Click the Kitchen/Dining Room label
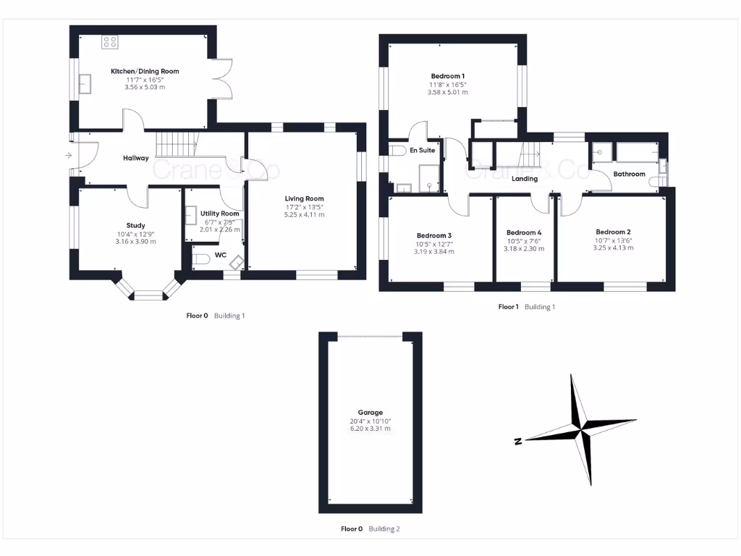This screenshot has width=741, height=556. pyautogui.click(x=145, y=71)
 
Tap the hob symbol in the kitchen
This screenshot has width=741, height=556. pyautogui.click(x=110, y=42)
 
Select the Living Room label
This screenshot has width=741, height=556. pyautogui.click(x=304, y=198)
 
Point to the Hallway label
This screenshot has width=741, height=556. pyautogui.click(x=136, y=158)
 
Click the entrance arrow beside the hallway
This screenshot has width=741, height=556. pyautogui.click(x=69, y=155)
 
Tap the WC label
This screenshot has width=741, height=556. pyautogui.click(x=221, y=255)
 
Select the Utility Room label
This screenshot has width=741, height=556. pyautogui.click(x=220, y=214)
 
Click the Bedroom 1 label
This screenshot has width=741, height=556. pyautogui.click(x=447, y=76)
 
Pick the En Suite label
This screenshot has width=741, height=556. pyautogui.click(x=423, y=151)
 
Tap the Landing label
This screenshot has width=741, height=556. pyautogui.click(x=524, y=179)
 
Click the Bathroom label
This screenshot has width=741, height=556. pyautogui.click(x=629, y=174)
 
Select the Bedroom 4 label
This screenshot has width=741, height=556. pyautogui.click(x=524, y=232)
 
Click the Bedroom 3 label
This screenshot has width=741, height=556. pyautogui.click(x=434, y=235)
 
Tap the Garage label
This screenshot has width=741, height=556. pyautogui.click(x=370, y=413)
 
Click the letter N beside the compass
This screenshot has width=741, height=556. pyautogui.click(x=518, y=441)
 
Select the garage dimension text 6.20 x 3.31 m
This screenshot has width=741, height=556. pyautogui.click(x=370, y=429)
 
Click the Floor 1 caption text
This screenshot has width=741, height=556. pyautogui.click(x=508, y=307)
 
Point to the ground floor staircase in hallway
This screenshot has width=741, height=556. pyautogui.click(x=177, y=144)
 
